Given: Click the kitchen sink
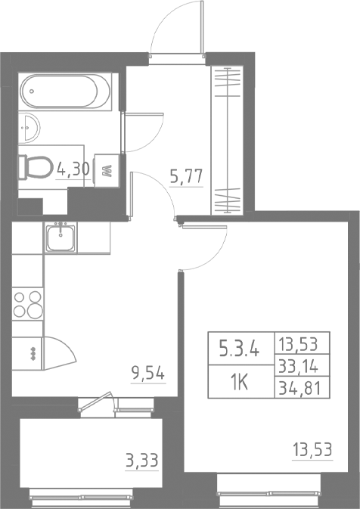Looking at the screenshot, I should (60, 238).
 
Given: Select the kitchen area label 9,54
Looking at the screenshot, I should (147, 373).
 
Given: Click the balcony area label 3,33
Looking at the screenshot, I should (142, 458).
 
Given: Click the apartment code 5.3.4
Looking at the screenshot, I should (239, 349).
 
